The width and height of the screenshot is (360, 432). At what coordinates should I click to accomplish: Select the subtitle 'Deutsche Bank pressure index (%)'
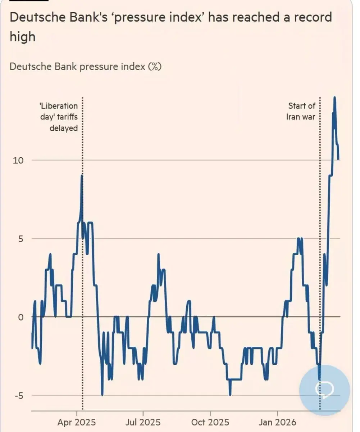pyautogui.click(x=85, y=67)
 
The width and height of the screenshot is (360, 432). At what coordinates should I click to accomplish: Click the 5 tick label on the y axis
pyautogui.click(x=21, y=238)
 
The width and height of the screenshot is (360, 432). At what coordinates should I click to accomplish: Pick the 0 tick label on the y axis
pyautogui.click(x=21, y=317)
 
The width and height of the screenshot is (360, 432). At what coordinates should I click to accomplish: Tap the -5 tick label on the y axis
pyautogui.click(x=19, y=395)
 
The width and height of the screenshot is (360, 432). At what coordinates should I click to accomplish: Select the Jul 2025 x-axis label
pyautogui.click(x=143, y=422)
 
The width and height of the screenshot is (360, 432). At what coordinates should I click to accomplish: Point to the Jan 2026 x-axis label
pyautogui.click(x=277, y=422)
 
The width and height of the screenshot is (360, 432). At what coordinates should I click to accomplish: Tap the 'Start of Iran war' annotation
pyautogui.click(x=301, y=111)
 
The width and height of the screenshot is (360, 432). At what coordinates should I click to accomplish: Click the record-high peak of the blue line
pyautogui.click(x=334, y=97)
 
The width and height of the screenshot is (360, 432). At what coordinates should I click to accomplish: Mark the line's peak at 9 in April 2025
pyautogui.click(x=82, y=176)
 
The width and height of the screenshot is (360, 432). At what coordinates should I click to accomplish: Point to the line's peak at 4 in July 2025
pyautogui.click(x=158, y=255)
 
